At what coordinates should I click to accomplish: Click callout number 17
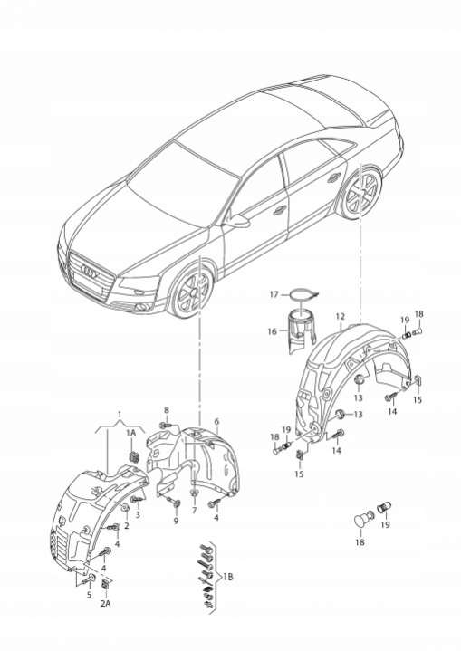click(x=274, y=294)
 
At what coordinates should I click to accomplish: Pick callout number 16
click(x=272, y=331)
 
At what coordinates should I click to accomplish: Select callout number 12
click(x=341, y=316)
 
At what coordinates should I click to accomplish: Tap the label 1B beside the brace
click(x=227, y=576)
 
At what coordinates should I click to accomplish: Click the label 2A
click(x=105, y=603)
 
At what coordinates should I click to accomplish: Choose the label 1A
click(x=131, y=433)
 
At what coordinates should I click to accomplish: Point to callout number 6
click(x=216, y=422)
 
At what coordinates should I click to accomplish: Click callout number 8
click(x=167, y=410)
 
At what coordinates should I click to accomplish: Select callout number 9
click(x=176, y=521)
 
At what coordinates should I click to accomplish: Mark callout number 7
click(x=194, y=511)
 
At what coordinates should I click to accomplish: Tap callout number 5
click(x=89, y=595)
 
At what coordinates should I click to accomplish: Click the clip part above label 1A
click(x=134, y=455)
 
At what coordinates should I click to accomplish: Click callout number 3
click(x=138, y=515)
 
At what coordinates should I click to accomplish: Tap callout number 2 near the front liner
click(x=127, y=526)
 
